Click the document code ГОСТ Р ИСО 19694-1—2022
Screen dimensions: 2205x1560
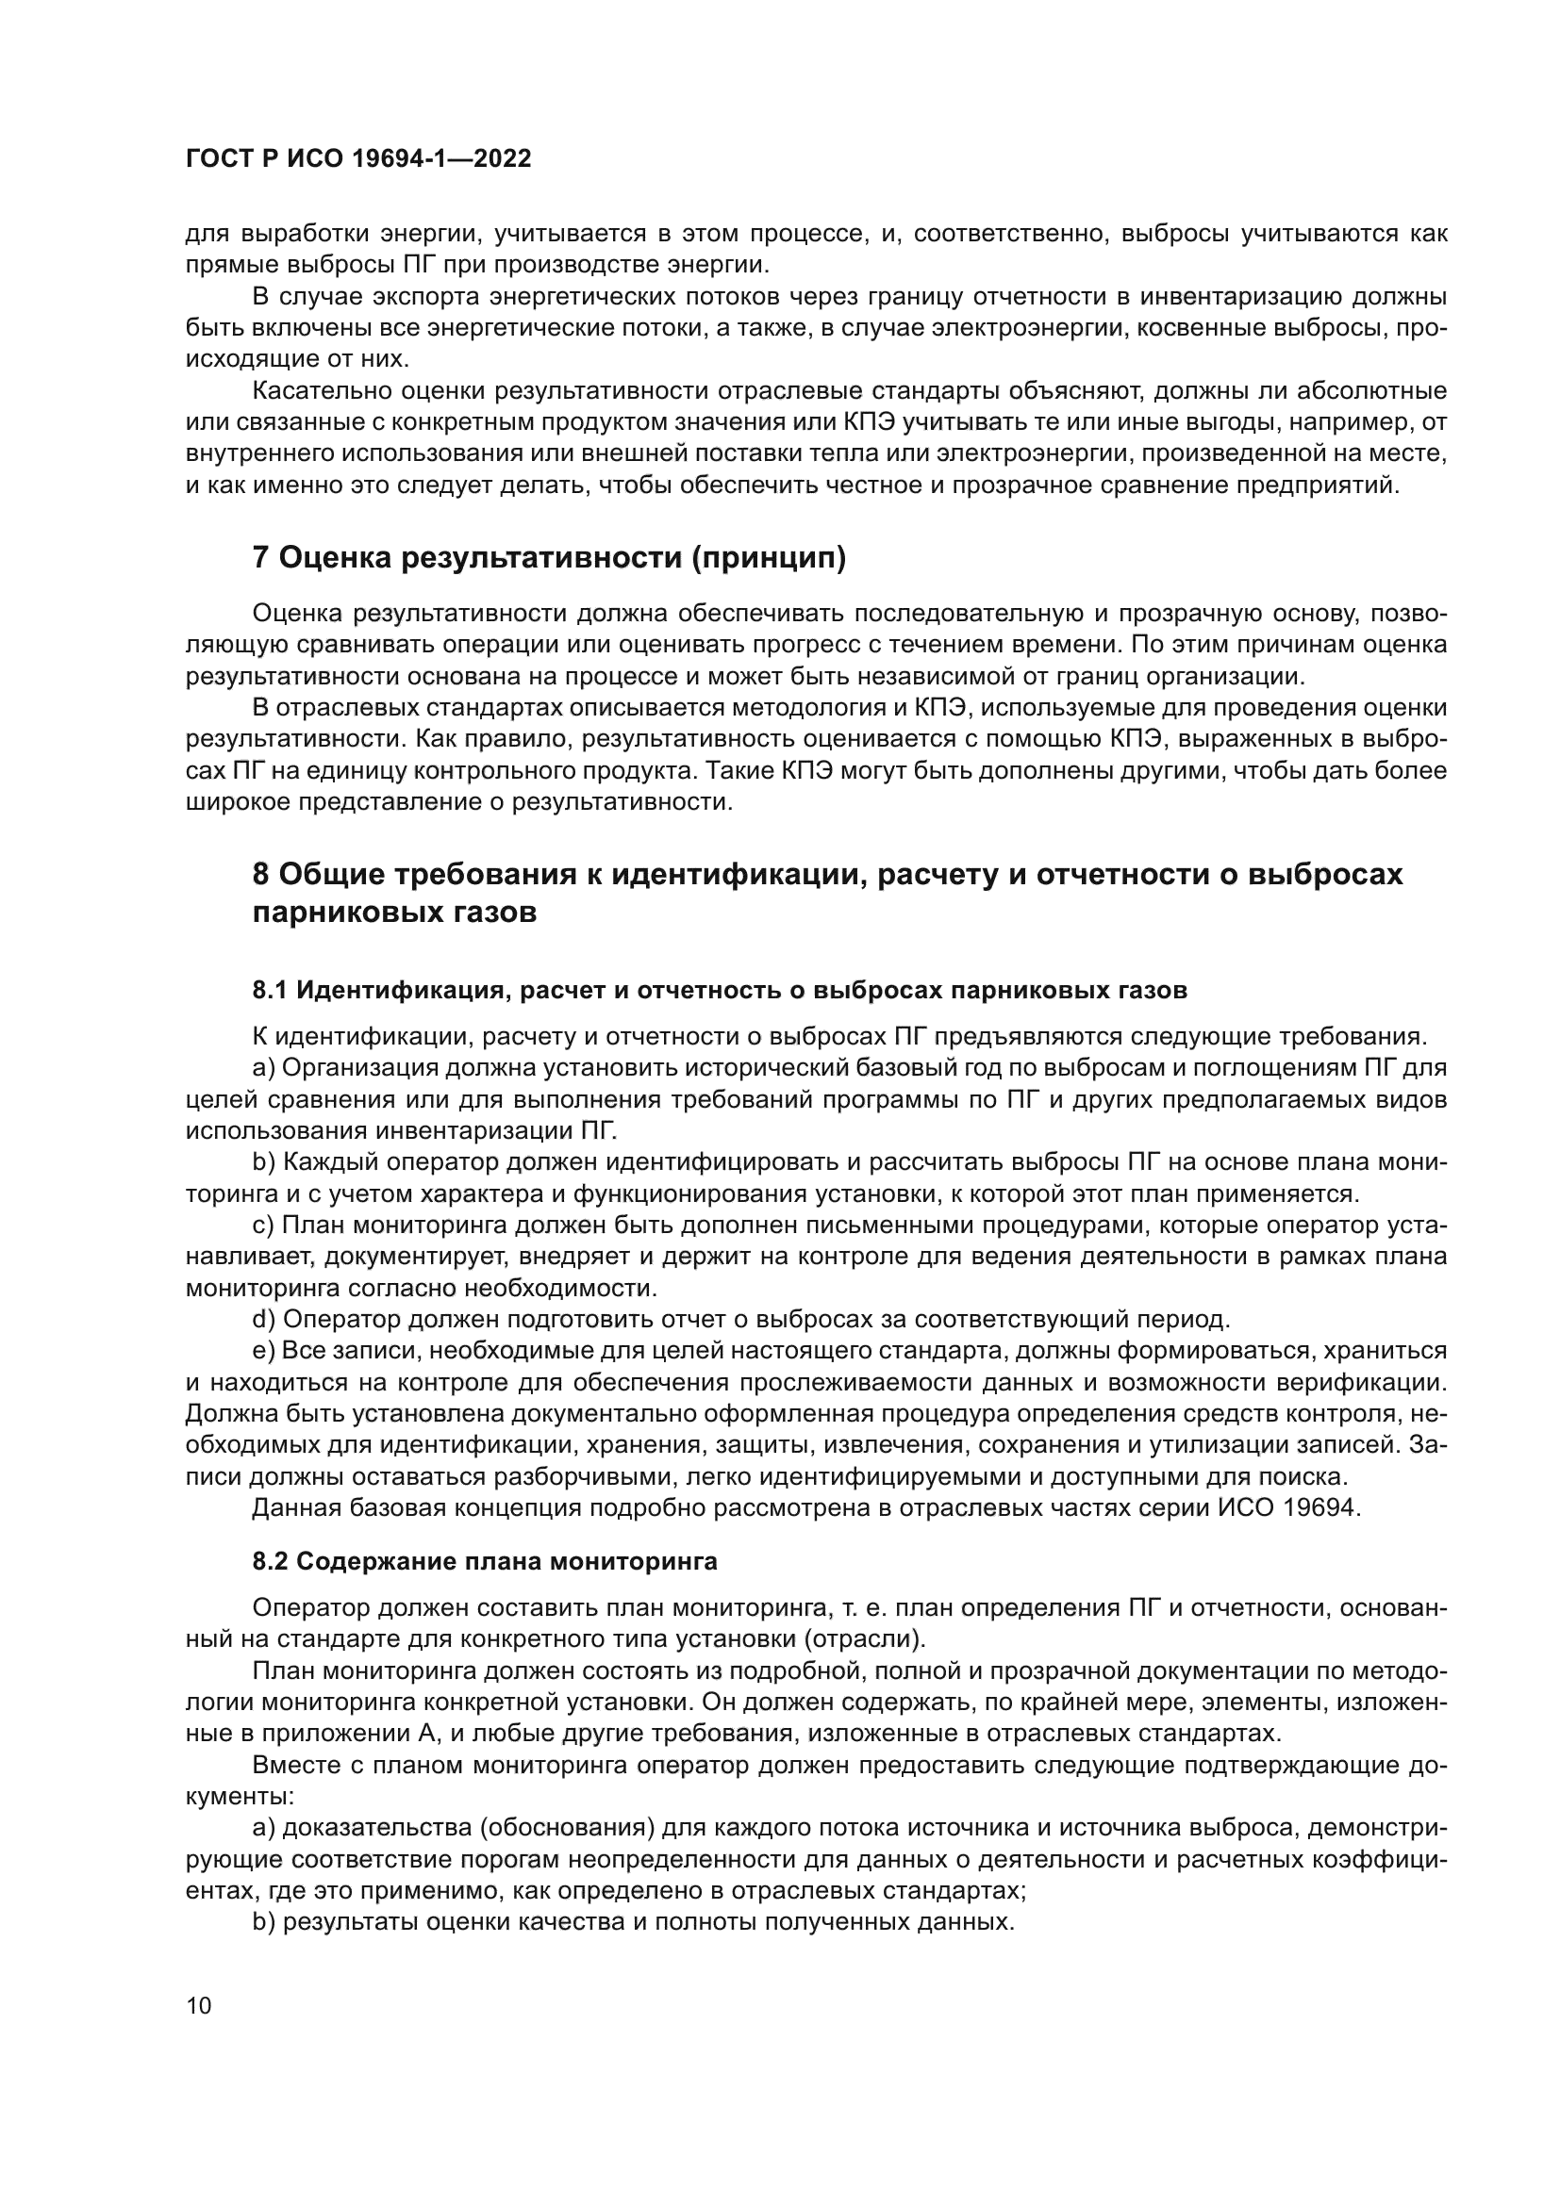[357, 159]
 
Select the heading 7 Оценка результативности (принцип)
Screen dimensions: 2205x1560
[549, 558]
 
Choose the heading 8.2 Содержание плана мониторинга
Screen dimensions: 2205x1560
[484, 1561]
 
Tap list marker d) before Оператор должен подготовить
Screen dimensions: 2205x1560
[264, 1319]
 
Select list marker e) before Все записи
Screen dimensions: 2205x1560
[264, 1350]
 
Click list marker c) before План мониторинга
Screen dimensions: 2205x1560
[264, 1225]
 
